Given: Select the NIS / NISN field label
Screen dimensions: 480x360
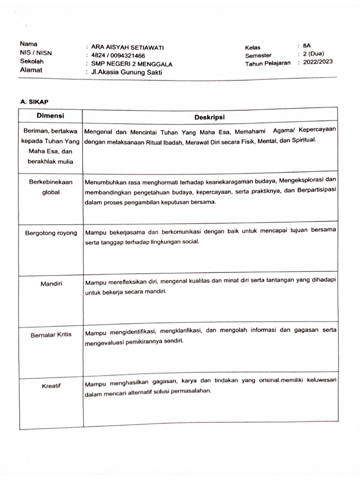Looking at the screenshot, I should (36, 53).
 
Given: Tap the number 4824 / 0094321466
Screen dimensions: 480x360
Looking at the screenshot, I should (118, 56).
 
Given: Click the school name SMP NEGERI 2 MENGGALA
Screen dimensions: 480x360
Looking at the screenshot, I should (132, 64).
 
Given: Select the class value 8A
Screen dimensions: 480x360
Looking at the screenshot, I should (307, 46).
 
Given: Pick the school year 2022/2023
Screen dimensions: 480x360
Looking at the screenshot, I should (318, 62).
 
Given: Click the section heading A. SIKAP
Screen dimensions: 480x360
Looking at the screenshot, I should (34, 101).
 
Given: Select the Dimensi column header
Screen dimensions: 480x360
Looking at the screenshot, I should (51, 116).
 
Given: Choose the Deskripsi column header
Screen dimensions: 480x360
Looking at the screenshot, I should (210, 117).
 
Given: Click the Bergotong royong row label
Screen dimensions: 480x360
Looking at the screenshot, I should (51, 233).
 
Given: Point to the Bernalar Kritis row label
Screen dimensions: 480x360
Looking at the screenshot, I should (51, 335).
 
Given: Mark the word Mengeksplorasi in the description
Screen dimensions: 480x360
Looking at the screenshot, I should (302, 180).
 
